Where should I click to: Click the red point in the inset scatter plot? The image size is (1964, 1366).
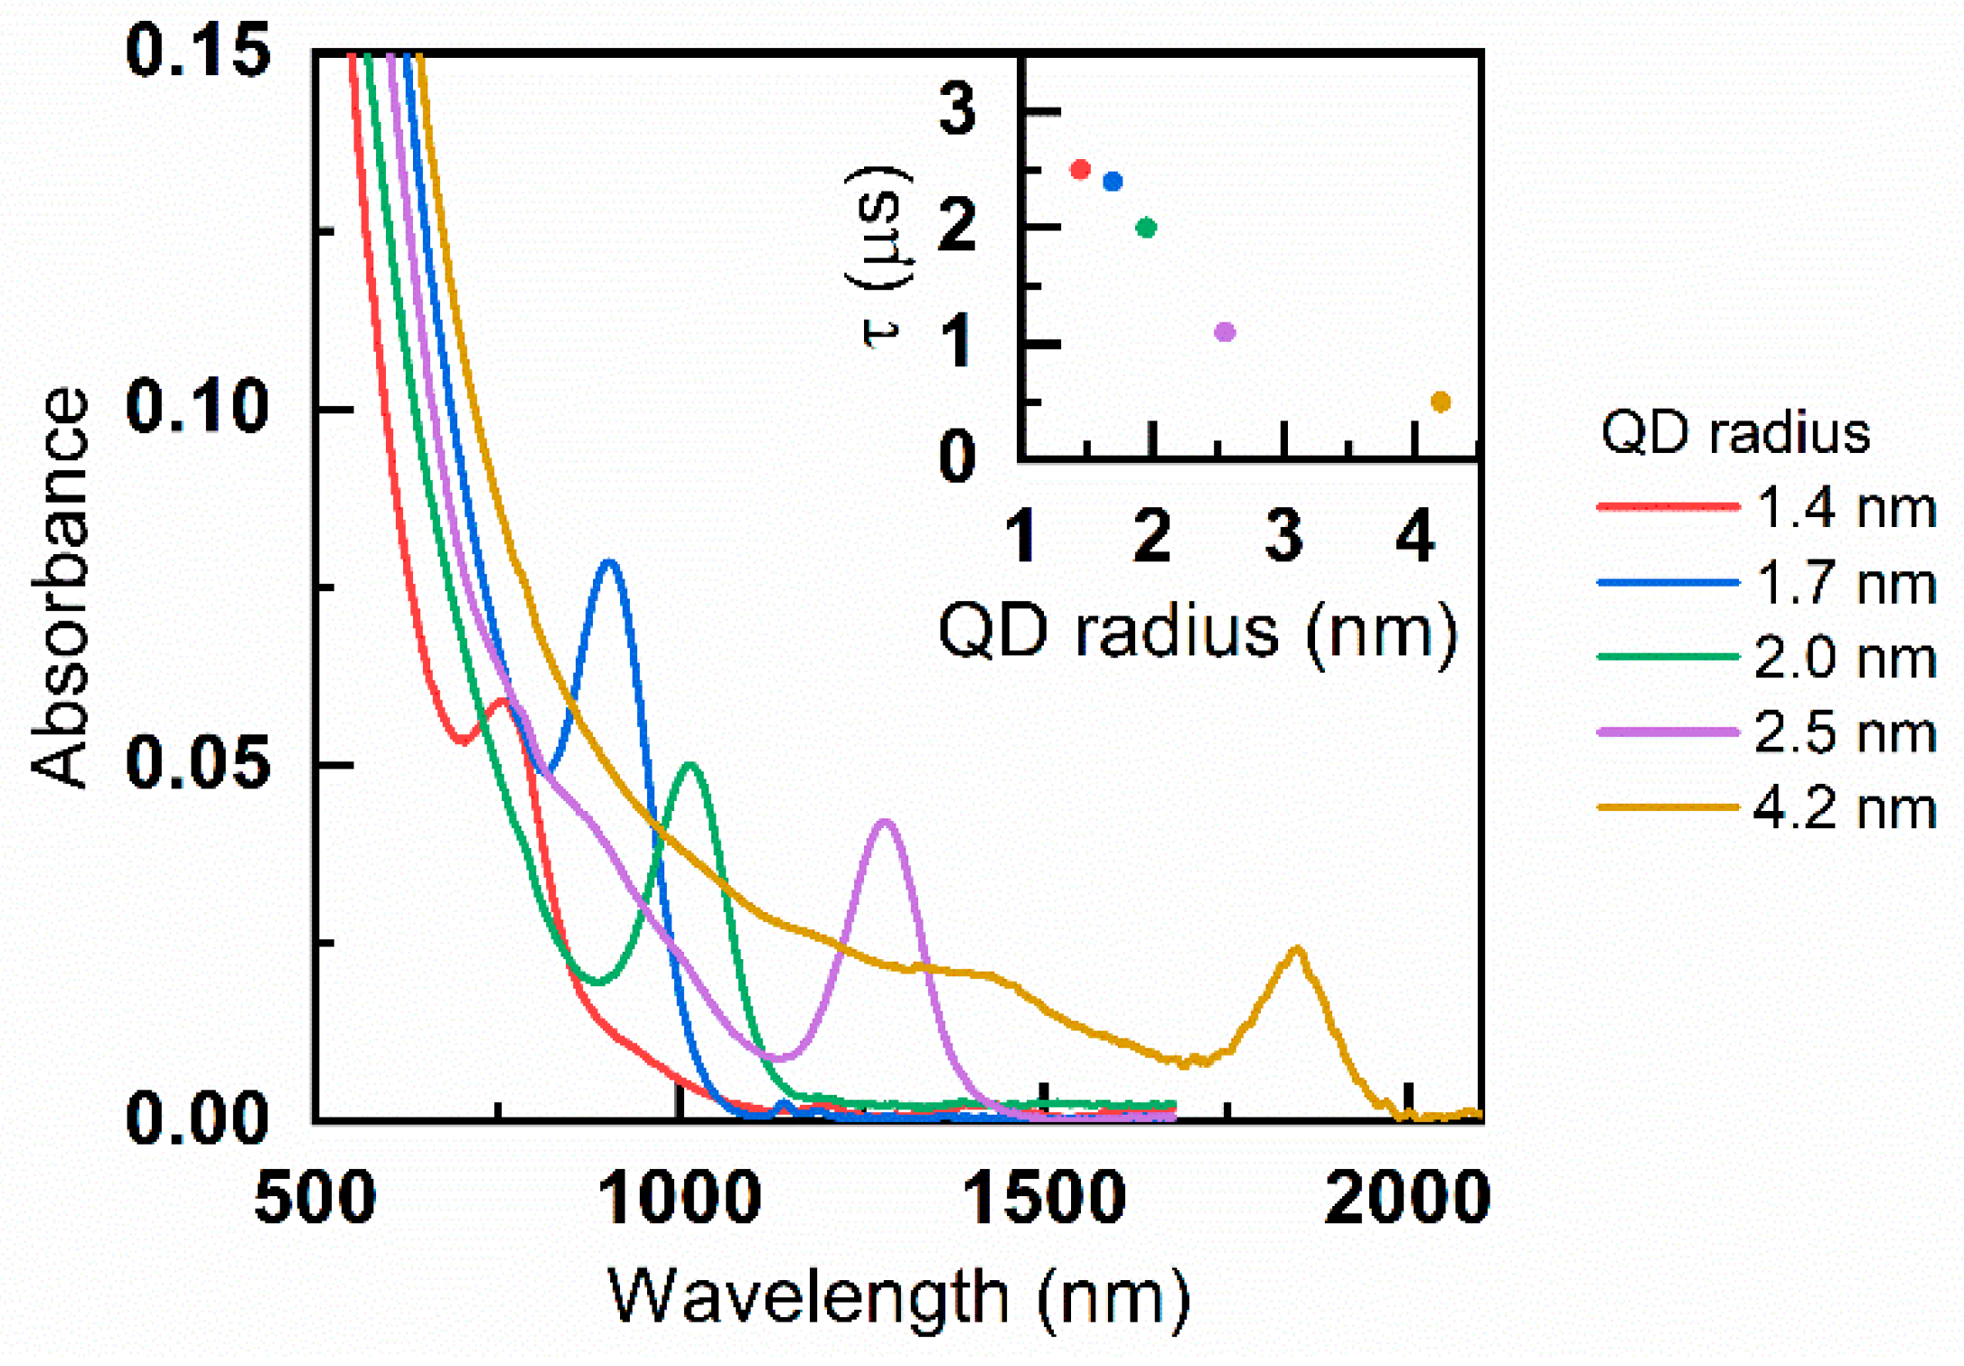(1079, 169)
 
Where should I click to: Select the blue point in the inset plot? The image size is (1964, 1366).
(1113, 182)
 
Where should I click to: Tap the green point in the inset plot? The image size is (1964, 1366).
(1146, 228)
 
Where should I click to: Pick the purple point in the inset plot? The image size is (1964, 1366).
(1225, 332)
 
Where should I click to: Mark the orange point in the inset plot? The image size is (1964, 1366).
(1441, 401)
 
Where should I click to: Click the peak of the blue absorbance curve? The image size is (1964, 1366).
(609, 562)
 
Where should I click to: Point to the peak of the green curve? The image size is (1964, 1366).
(691, 766)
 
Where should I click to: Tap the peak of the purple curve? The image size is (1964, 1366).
(885, 822)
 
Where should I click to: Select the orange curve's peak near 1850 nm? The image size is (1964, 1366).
(1297, 949)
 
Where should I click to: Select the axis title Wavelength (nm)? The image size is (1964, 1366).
(898, 1297)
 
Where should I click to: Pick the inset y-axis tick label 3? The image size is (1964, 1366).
(957, 108)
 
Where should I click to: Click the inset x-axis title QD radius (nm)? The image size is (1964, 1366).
(1198, 631)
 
